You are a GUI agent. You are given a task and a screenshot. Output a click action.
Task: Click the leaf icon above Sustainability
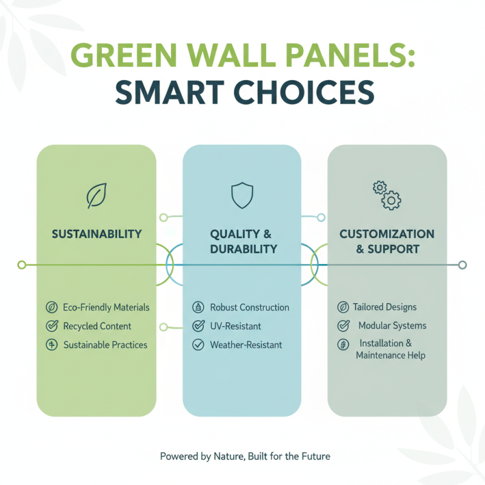tap(96, 196)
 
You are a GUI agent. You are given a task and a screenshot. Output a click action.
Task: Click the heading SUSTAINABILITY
tap(96, 234)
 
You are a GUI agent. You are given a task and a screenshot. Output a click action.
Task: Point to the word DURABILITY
tap(241, 249)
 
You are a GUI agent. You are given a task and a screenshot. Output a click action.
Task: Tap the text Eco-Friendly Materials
tap(106, 307)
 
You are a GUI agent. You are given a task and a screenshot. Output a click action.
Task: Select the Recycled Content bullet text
tap(97, 326)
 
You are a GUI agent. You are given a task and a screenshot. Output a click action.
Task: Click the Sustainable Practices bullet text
tap(105, 345)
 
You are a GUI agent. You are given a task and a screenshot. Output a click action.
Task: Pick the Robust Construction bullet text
tap(249, 307)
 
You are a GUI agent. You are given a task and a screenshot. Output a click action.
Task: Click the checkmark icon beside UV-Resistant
tap(198, 326)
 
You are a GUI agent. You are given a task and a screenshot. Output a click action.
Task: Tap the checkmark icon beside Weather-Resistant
tap(198, 345)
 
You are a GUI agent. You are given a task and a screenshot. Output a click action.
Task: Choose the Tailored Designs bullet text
tap(384, 307)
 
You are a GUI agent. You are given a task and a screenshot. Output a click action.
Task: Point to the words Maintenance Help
tap(390, 355)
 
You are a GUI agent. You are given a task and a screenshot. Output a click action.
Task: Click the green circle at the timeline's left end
tap(22, 265)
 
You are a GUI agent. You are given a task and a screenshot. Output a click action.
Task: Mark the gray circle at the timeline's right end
tap(463, 265)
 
